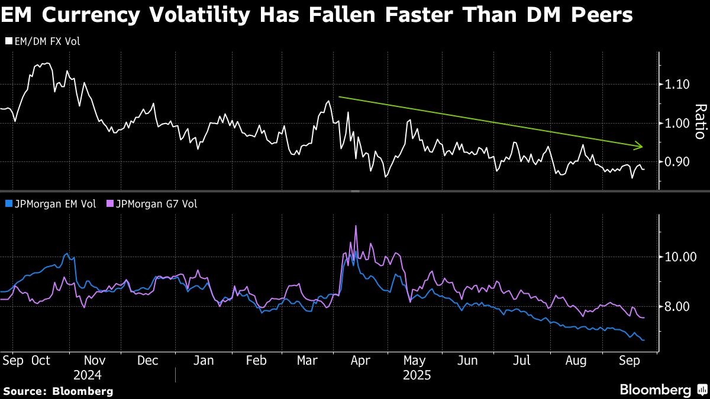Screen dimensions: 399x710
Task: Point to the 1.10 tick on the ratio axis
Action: [x=677, y=85]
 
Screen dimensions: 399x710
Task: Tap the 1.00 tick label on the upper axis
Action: [x=677, y=123]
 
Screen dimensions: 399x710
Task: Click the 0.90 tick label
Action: [x=677, y=161]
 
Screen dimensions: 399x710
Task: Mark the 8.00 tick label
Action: [x=677, y=306]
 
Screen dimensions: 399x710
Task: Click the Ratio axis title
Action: [x=701, y=121]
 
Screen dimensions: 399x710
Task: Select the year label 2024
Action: [x=88, y=375]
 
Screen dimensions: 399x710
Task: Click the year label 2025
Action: [x=417, y=375]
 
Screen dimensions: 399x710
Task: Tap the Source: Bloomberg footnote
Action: [x=58, y=391]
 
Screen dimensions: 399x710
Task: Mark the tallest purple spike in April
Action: [x=356, y=226]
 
